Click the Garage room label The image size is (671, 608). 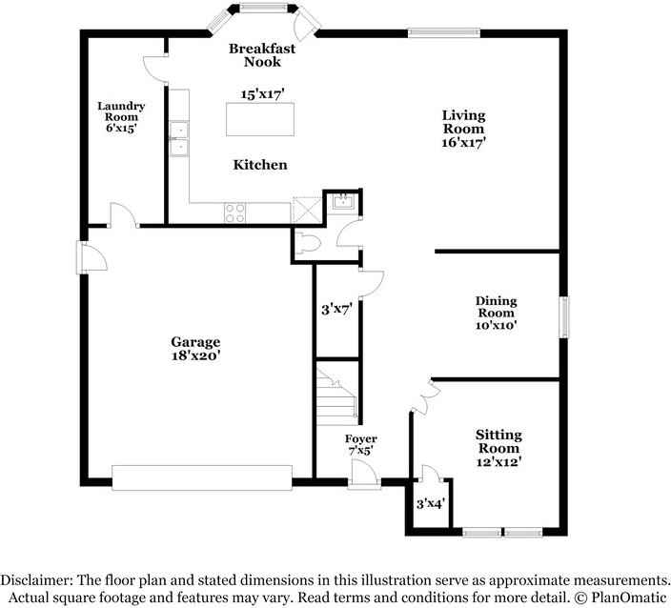click(x=195, y=342)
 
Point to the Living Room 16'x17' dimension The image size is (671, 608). click(x=462, y=142)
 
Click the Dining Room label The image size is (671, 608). click(x=496, y=307)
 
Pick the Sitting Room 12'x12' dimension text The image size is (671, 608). click(x=498, y=462)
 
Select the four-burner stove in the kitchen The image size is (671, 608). click(x=234, y=213)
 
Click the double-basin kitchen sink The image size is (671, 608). click(x=178, y=138)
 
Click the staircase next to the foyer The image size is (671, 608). click(x=336, y=395)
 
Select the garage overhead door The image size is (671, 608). click(x=201, y=476)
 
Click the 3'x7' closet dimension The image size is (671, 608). click(x=336, y=309)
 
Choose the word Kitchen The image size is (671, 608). click(x=260, y=165)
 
